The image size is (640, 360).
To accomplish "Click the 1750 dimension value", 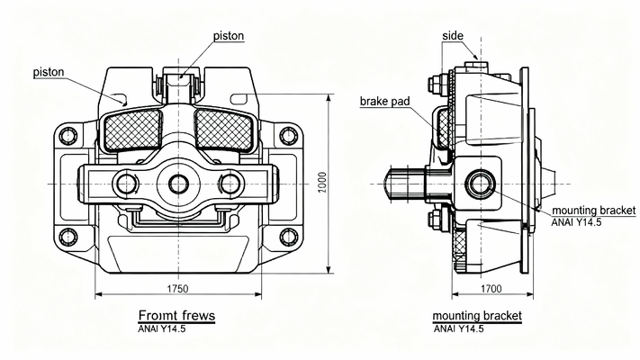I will (176, 288).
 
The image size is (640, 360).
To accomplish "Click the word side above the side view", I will (454, 35).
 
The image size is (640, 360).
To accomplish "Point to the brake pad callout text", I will (385, 101).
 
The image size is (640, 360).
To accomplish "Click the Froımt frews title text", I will (176, 316).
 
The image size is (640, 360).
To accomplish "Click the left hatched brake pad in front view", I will (133, 130).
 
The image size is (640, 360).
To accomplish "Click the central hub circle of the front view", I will (177, 184).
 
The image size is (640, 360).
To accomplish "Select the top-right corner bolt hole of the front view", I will (287, 136).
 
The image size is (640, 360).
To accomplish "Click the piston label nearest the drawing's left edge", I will (48, 71).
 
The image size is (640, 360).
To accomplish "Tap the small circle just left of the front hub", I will (123, 184).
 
